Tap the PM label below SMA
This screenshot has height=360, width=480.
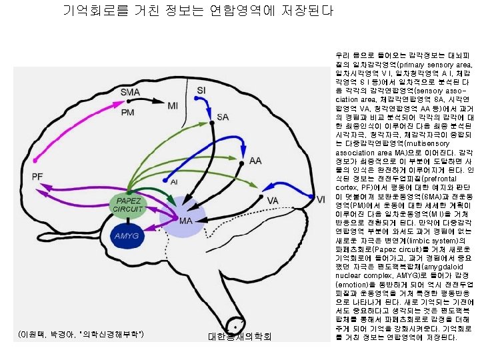coord(128,113)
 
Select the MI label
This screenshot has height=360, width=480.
coord(173,105)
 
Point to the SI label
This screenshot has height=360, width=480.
coord(201,89)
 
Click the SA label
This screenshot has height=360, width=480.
coord(223,117)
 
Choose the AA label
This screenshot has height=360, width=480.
coord(255,161)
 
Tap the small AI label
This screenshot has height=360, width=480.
coord(173,181)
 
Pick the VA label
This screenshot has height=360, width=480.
coord(272,200)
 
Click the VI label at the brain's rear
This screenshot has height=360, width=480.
coord(321,199)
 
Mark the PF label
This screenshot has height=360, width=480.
coord(38,176)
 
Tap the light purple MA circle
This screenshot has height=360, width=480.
coord(185,221)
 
